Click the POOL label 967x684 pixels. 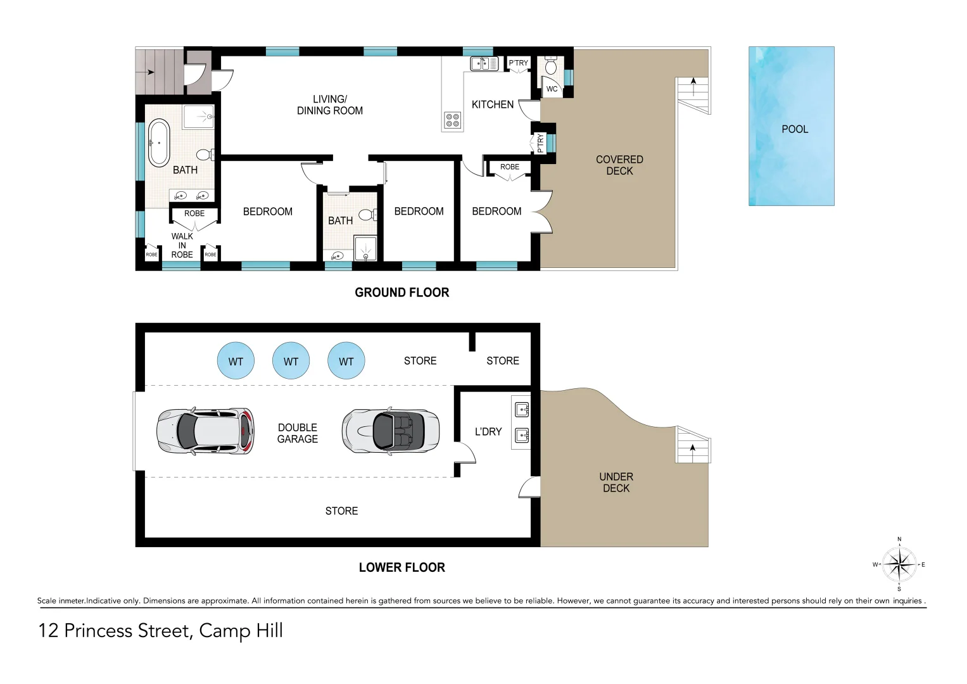point(795,129)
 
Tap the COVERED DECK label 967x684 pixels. point(619,165)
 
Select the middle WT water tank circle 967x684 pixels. point(291,361)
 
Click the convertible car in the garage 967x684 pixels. point(391,431)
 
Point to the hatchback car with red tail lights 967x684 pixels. point(206,431)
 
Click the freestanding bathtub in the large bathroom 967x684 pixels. point(158,143)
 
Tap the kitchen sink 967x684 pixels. point(484,63)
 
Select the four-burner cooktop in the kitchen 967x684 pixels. point(452,120)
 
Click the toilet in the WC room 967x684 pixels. point(551,65)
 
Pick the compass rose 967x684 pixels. point(899,564)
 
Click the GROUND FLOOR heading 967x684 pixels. point(401,293)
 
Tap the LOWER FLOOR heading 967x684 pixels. point(401,567)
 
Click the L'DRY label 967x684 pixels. point(488,432)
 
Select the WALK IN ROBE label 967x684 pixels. point(182,246)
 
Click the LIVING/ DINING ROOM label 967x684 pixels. point(330,105)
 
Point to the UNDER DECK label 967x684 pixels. point(616,483)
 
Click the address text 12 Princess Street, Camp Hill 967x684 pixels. point(161,631)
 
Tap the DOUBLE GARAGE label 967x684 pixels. point(298,433)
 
